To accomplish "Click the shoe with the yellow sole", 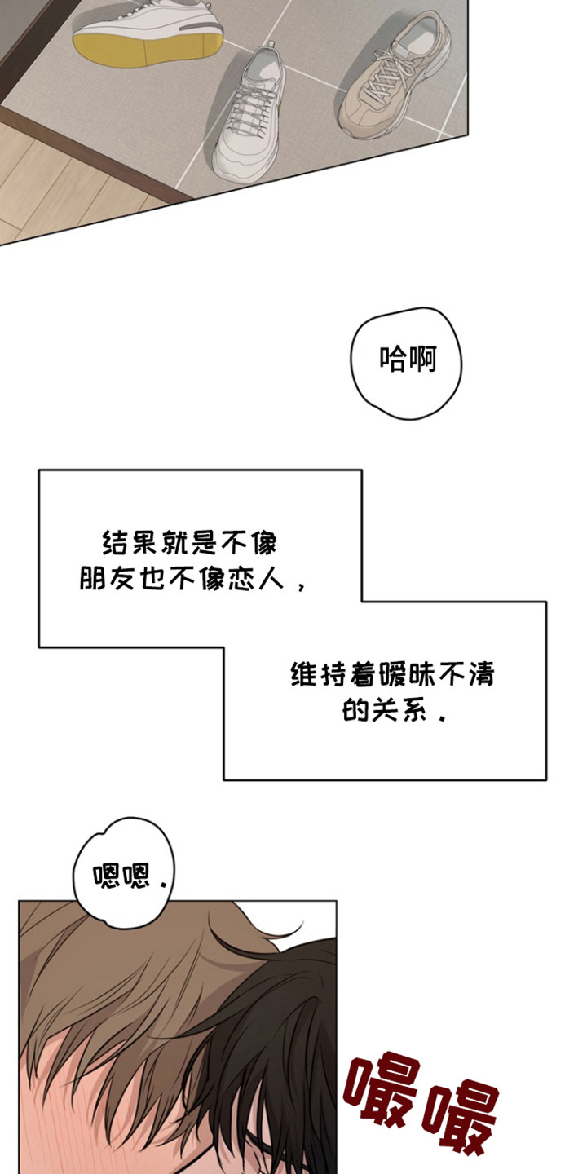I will [147, 37].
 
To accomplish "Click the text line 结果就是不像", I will [189, 542].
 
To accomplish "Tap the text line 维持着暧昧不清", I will [394, 675].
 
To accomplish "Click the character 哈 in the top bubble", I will [393, 360].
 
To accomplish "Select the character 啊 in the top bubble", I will [422, 360].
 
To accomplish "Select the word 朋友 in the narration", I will [99, 580].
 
